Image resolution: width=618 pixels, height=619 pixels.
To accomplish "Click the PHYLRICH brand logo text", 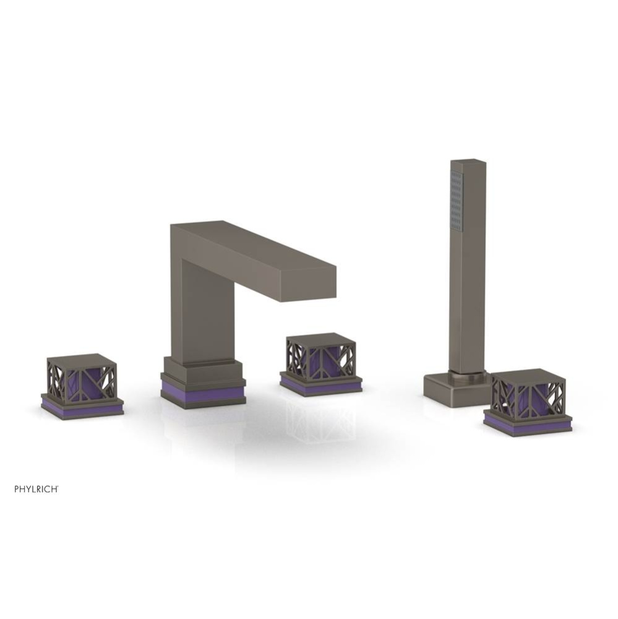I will click(x=36, y=488).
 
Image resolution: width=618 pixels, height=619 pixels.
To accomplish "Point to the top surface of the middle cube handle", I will click(x=320, y=339).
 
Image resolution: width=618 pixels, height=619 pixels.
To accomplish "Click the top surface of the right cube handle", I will click(x=527, y=374).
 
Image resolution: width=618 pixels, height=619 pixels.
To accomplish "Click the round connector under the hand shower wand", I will click(x=468, y=372).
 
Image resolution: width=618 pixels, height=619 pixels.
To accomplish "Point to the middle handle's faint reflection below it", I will click(x=320, y=424).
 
